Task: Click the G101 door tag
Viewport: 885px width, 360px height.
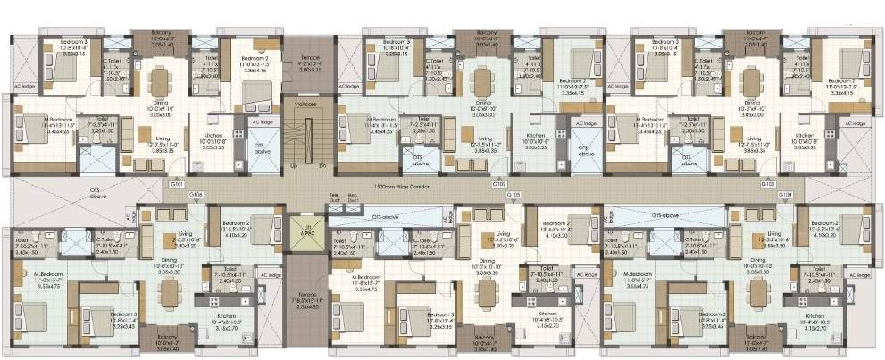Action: pos(177,183)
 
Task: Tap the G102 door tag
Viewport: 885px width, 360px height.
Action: pos(500,183)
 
